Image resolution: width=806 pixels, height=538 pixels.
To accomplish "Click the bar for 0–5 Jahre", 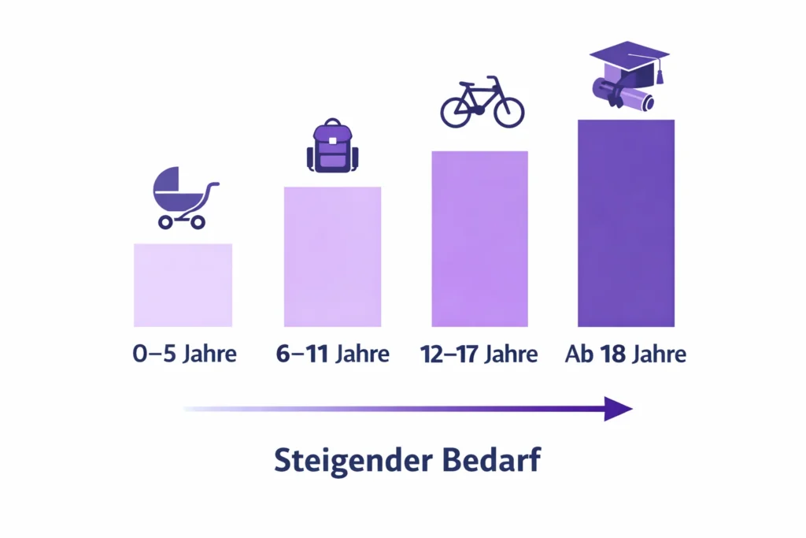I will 183,284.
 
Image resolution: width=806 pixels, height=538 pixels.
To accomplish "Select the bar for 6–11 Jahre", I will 332,256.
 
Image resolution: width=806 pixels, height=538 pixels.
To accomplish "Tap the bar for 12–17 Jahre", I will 479,238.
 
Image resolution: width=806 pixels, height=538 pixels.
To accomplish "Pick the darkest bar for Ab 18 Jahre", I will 626,222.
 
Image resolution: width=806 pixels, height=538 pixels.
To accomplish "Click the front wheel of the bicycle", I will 508,111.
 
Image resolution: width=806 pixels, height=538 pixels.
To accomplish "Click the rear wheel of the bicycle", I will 456,111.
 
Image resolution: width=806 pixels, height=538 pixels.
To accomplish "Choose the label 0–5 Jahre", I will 184,354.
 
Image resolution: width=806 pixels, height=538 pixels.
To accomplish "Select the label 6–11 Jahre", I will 332,354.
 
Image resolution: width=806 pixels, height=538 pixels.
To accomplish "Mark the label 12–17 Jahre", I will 479,354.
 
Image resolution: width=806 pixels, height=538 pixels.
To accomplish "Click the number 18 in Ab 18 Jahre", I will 614,354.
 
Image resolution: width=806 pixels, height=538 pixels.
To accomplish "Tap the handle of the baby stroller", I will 213,187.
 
